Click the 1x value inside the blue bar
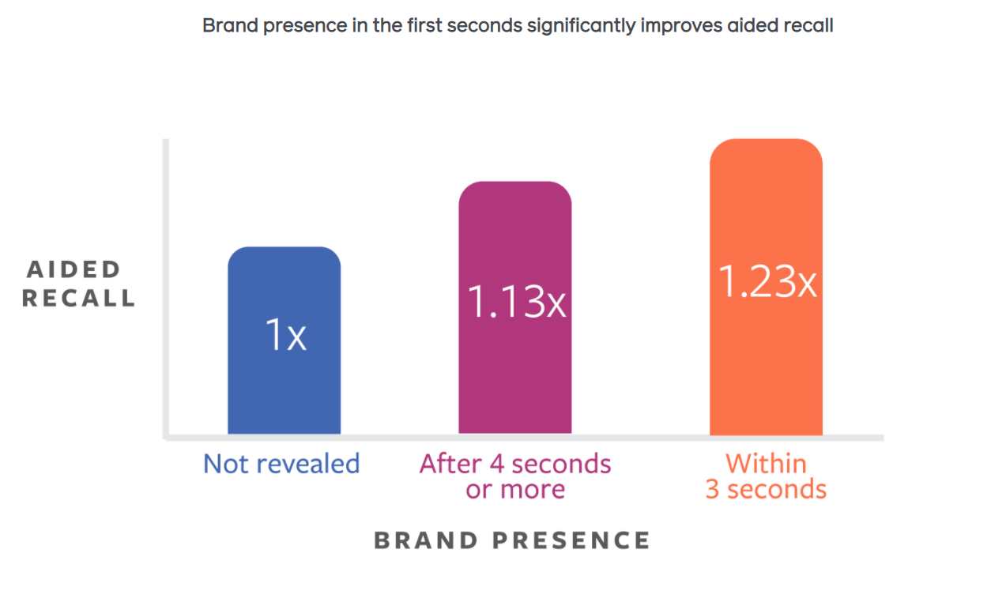(x=285, y=336)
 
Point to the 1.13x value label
(x=516, y=301)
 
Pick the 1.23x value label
(x=767, y=280)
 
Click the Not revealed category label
(x=281, y=463)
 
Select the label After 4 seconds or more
(x=515, y=476)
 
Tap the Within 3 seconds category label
(x=766, y=476)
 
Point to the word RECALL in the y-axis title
(x=79, y=299)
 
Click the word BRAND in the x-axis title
(x=426, y=540)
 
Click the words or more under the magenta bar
(x=515, y=490)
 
